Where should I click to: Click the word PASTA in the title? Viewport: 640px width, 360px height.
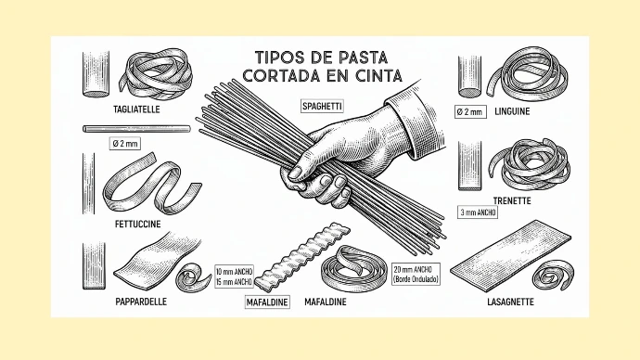click(362, 58)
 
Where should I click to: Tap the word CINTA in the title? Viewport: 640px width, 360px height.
click(378, 75)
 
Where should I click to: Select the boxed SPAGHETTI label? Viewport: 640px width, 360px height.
click(322, 107)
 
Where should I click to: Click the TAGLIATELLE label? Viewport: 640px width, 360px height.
click(136, 109)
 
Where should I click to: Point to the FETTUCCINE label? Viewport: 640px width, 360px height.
click(138, 225)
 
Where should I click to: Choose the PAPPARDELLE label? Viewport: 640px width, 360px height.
click(141, 302)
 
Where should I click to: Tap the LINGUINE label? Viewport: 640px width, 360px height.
click(512, 111)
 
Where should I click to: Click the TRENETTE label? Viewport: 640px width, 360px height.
click(512, 200)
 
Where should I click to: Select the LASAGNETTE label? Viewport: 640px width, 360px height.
click(511, 302)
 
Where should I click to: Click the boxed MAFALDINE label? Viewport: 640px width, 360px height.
click(267, 302)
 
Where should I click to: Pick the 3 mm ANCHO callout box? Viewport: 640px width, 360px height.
click(478, 212)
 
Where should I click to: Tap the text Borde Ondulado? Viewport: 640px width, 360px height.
click(416, 279)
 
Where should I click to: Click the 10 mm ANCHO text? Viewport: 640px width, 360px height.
click(235, 272)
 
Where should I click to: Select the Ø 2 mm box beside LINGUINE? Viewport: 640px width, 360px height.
click(470, 112)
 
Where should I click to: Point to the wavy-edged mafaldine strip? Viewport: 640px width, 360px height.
click(302, 255)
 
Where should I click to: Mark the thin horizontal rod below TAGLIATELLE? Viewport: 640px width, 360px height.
click(136, 129)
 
